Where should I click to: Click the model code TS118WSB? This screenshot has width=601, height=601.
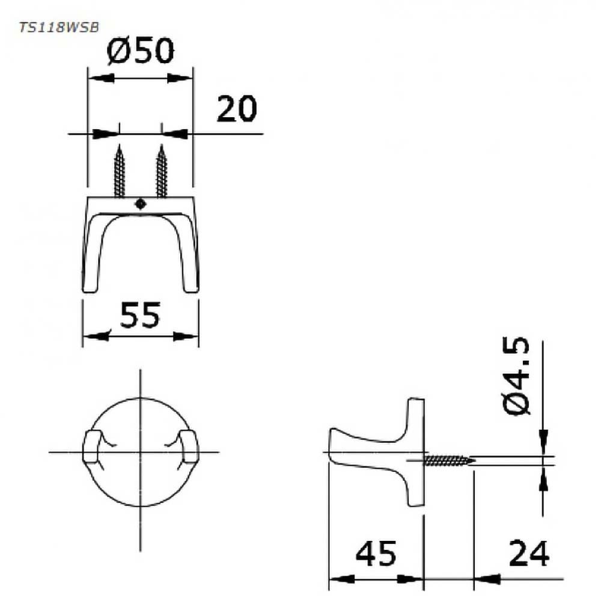pyautogui.click(x=59, y=28)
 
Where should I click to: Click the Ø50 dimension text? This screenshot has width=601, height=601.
pyautogui.click(x=140, y=50)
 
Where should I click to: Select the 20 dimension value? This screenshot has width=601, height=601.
pyautogui.click(x=236, y=109)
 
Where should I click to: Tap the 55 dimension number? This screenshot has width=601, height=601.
pyautogui.click(x=140, y=315)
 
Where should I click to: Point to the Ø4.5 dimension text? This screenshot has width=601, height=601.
pyautogui.click(x=516, y=376)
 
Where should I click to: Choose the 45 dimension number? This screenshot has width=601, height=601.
pyautogui.click(x=376, y=554)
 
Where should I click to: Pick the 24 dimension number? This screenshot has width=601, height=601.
pyautogui.click(x=529, y=554)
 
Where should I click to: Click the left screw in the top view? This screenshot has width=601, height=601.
pyautogui.click(x=120, y=171)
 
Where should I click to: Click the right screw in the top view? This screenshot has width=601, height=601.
pyautogui.click(x=162, y=171)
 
